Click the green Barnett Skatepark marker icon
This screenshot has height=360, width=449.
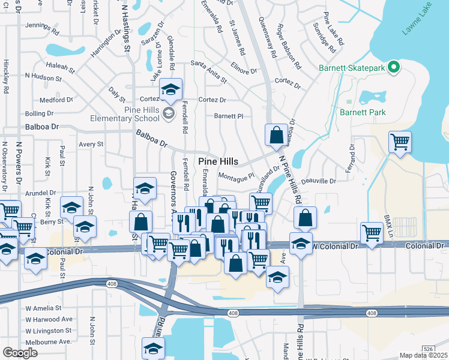coord(394,68)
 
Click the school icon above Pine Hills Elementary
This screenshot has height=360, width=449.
coord(170,90)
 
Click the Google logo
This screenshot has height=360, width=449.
coord(20,352)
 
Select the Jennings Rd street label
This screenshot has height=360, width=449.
coord(42,26)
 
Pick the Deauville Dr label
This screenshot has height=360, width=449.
coord(318,181)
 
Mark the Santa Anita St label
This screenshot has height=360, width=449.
coord(208,71)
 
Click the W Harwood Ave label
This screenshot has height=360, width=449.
coord(49,319)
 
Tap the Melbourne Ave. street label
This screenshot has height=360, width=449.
coord(48,341)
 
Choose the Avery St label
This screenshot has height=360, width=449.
coord(91,145)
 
